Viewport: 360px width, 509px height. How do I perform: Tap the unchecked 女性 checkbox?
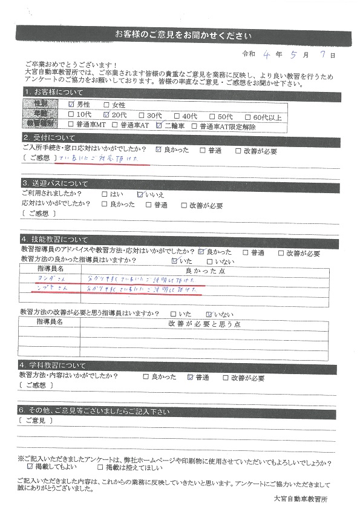coord(107,104)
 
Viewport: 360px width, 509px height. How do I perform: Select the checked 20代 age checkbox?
coord(107,114)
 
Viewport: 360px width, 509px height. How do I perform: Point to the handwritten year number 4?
coord(266,54)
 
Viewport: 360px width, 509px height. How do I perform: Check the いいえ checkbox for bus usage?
coord(140,194)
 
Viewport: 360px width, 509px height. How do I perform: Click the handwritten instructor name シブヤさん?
coord(49,290)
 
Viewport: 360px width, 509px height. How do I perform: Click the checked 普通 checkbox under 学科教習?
coord(191,377)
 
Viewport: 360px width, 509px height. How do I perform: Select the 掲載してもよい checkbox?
coord(30,467)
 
